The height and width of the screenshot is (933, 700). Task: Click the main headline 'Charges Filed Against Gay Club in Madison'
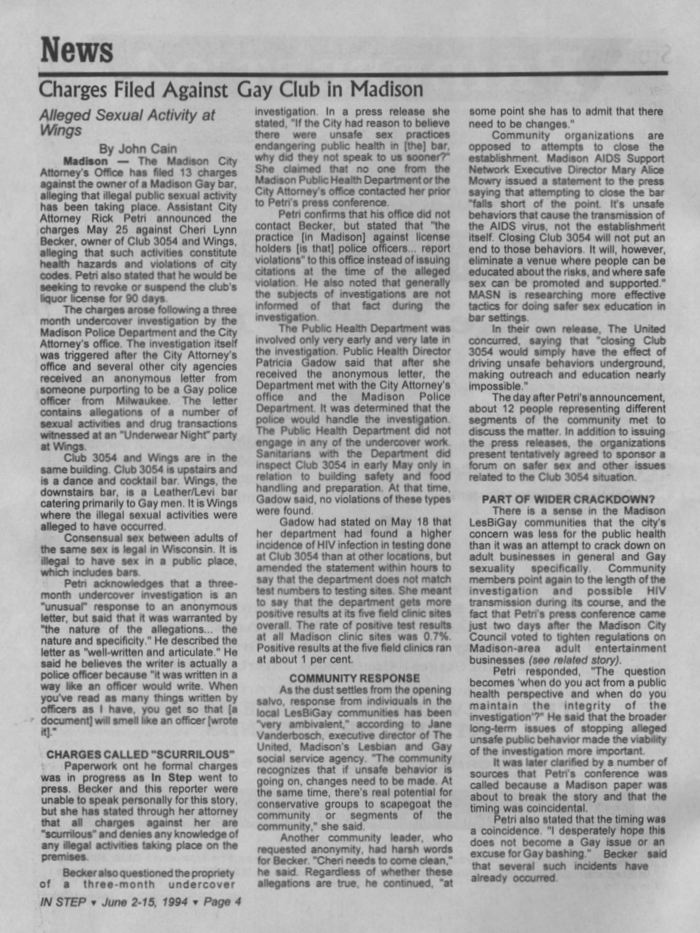230,89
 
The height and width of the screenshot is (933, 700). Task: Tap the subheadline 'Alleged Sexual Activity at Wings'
127,122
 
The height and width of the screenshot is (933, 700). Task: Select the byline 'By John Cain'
138,148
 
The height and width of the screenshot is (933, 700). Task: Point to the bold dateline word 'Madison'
85,161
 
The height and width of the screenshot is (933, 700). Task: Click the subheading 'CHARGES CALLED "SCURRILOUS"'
141,754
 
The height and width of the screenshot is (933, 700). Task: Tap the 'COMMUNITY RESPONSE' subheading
354,678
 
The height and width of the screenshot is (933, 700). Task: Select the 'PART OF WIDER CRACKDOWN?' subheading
566,499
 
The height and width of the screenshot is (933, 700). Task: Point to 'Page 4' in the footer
223,902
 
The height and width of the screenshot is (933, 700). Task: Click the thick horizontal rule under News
353,74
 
